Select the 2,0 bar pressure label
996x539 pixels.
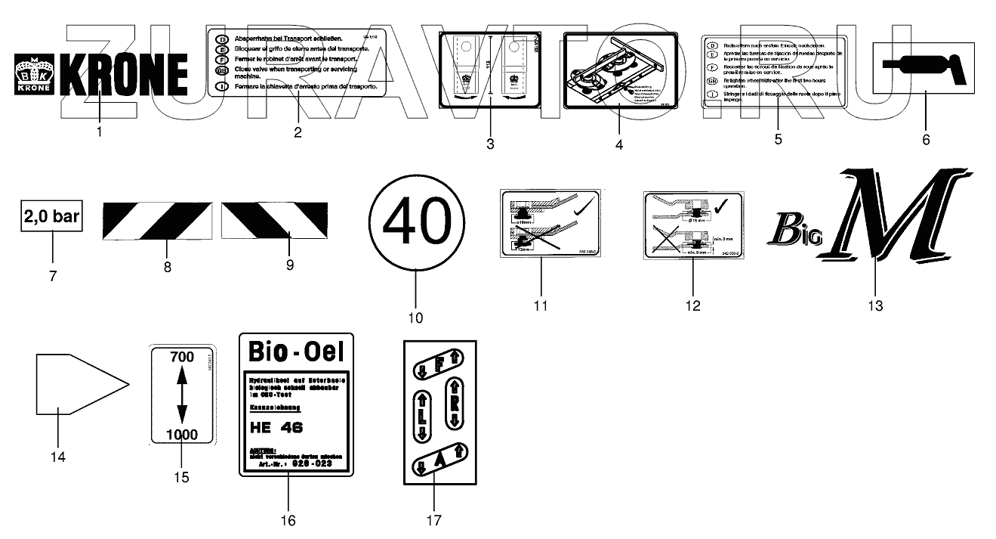point(52,218)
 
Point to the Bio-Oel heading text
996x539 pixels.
point(295,352)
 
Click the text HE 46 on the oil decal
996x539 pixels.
point(276,427)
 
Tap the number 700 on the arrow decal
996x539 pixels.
point(182,357)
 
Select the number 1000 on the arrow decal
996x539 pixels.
point(182,434)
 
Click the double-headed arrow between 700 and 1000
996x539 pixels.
point(182,395)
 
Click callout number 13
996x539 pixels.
point(875,305)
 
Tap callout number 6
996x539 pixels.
point(927,139)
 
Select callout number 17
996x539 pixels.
point(433,520)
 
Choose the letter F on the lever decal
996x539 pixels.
point(438,367)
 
